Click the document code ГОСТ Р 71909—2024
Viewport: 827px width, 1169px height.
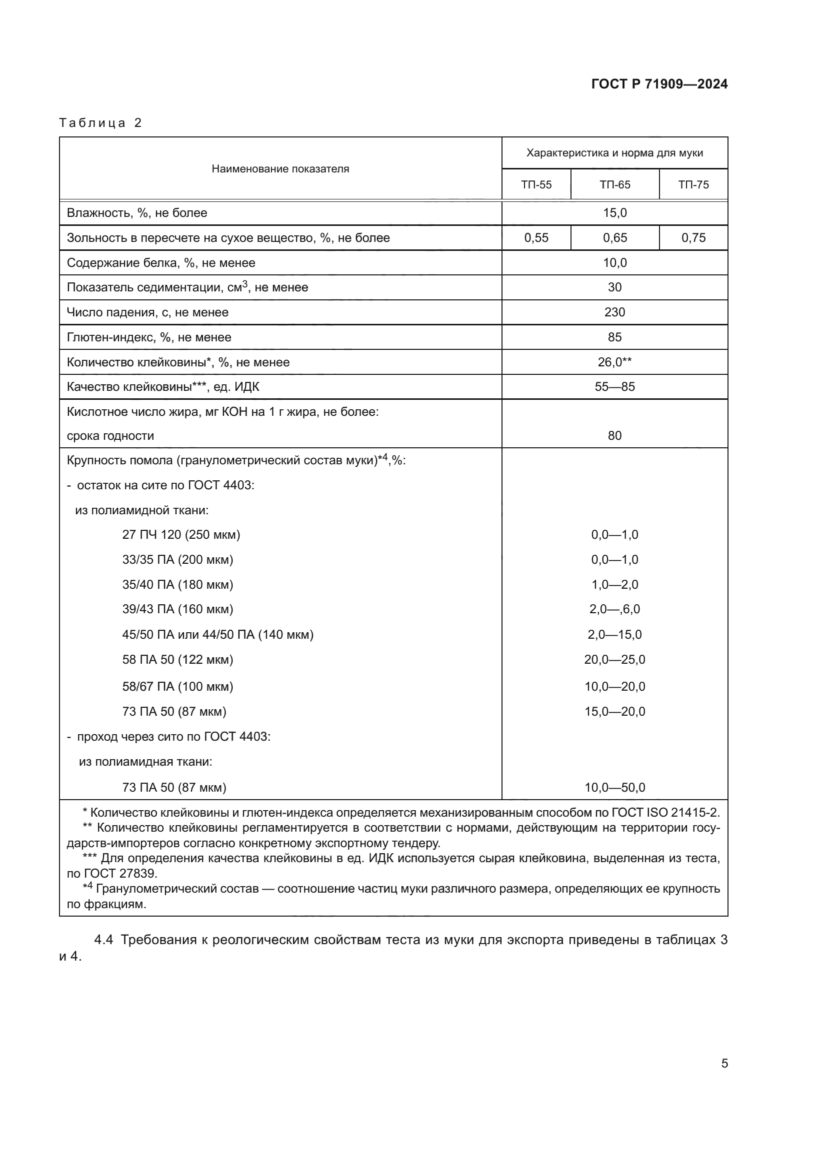[x=659, y=84]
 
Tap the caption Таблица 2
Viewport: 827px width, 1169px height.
[x=100, y=123]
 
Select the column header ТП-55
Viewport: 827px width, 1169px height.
[x=536, y=184]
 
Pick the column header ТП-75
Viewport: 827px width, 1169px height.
[x=693, y=184]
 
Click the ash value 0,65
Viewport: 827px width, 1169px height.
[x=614, y=238]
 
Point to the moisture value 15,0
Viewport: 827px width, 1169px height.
[x=614, y=213]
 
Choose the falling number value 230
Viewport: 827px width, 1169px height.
[x=614, y=312]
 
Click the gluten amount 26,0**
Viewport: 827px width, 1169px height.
[x=614, y=362]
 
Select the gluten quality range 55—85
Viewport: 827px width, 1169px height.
[x=614, y=386]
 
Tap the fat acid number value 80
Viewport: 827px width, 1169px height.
[x=614, y=435]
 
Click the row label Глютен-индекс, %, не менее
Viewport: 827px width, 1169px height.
[x=148, y=337]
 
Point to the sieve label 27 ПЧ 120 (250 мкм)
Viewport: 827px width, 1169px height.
[x=181, y=535]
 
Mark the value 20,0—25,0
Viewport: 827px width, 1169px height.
[x=614, y=659]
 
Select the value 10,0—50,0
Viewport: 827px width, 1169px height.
[x=614, y=787]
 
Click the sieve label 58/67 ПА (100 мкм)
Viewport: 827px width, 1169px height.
[x=177, y=686]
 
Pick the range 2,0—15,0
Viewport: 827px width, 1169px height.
[x=614, y=634]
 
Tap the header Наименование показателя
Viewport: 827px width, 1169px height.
[x=280, y=169]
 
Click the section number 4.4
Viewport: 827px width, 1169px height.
[x=103, y=940]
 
